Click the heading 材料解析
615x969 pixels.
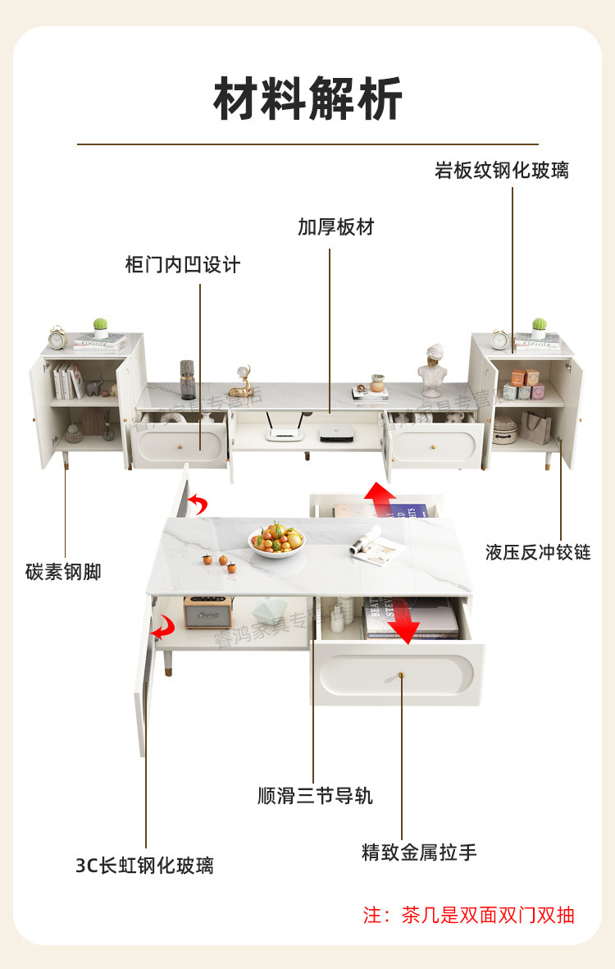[307, 99]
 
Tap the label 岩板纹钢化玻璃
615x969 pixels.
[501, 171]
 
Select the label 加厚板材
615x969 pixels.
[335, 227]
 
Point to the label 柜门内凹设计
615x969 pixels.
[183, 265]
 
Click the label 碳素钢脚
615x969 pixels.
[63, 572]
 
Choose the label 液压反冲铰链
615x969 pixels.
[537, 551]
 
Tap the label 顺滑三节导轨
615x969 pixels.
[315, 796]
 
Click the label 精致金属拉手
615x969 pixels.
[419, 852]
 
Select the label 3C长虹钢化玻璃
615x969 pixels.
[144, 865]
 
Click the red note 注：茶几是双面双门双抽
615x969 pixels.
[468, 915]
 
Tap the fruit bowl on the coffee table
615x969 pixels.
[276, 541]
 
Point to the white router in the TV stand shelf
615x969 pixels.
[282, 434]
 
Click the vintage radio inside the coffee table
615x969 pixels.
[208, 612]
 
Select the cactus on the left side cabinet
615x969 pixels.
[100, 327]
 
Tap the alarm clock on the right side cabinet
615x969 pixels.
[499, 339]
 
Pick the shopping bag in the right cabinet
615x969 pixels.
[536, 427]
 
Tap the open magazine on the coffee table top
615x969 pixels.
[377, 543]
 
